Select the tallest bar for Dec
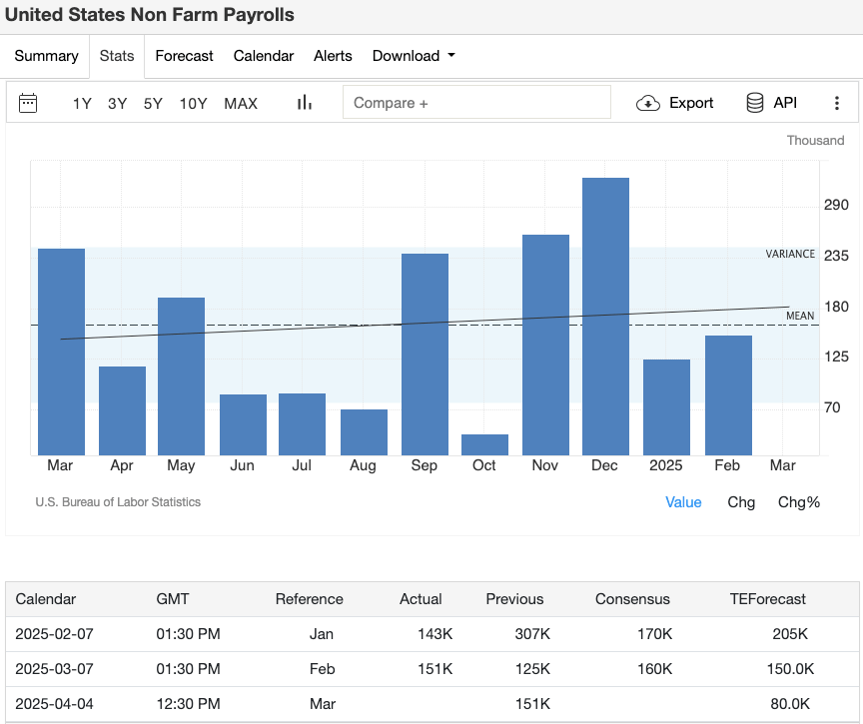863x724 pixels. pos(605,317)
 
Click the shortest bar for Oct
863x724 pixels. pos(484,445)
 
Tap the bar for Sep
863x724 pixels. pos(425,355)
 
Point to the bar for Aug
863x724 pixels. pos(364,432)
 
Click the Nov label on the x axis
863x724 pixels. pos(545,466)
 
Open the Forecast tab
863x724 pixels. pos(184,56)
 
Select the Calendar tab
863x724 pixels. pos(264,56)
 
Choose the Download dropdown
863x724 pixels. pos(413,56)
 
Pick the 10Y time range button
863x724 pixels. pos(193,103)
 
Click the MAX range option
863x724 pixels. pos(241,103)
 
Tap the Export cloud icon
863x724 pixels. pos(648,103)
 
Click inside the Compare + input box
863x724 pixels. pos(476,103)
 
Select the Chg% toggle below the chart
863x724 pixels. pos(798,502)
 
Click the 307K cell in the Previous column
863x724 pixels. pos(531,634)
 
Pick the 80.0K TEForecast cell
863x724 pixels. pos(790,704)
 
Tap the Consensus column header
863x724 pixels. pos(632,599)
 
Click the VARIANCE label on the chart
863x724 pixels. pos(790,254)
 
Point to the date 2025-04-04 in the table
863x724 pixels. pos(55,704)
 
